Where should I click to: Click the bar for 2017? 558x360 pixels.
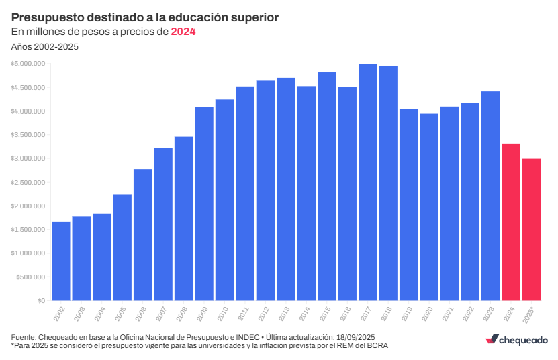(367, 182)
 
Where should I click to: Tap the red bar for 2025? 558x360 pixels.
(531, 229)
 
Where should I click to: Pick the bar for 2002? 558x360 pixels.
(61, 261)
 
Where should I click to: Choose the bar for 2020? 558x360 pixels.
(428, 206)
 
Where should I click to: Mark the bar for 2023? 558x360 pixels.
(490, 195)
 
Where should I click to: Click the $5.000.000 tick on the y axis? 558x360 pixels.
(28, 64)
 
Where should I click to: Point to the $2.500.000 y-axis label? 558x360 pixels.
(28, 182)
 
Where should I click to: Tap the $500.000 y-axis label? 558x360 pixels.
(31, 277)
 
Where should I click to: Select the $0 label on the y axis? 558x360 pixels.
(41, 300)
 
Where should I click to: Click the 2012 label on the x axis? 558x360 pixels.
(264, 313)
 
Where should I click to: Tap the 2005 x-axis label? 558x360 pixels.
(121, 313)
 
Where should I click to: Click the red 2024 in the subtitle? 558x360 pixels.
(183, 31)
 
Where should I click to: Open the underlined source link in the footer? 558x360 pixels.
(148, 336)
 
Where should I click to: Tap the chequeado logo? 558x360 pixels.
(516, 340)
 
